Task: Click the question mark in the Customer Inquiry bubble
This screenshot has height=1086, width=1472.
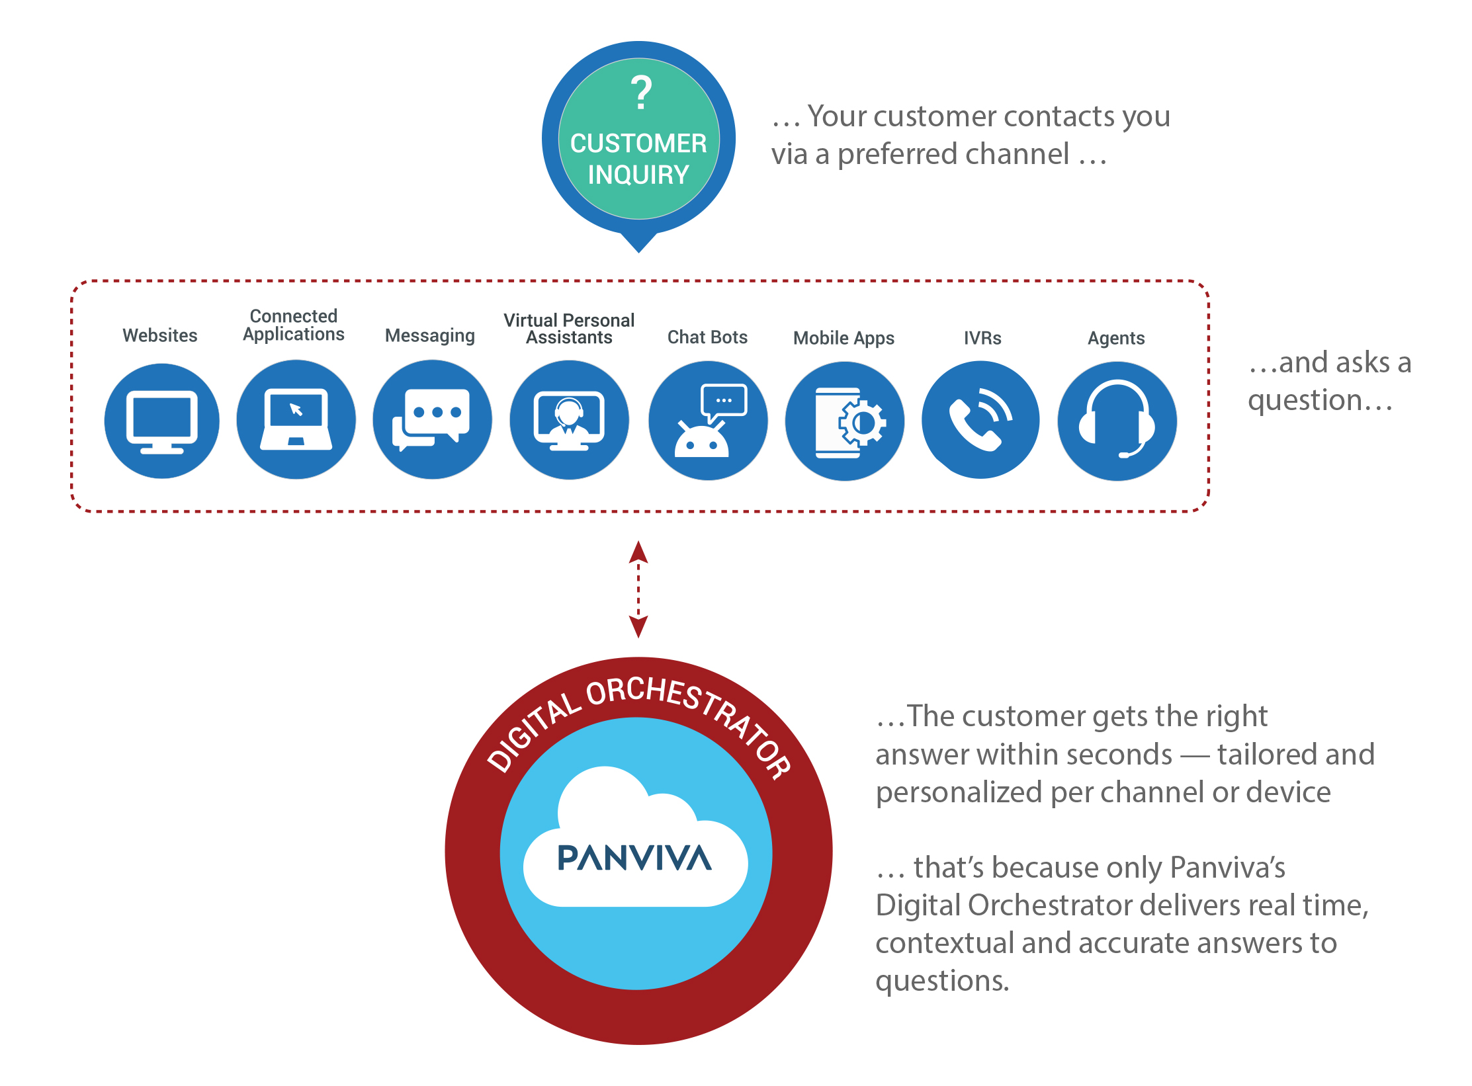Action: (x=640, y=93)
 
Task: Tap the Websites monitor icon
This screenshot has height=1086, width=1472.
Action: (x=162, y=421)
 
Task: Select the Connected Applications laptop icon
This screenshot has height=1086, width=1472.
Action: (x=296, y=419)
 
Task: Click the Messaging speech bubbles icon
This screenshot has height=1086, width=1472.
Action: (x=432, y=419)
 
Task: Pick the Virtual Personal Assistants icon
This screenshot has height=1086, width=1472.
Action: (x=569, y=420)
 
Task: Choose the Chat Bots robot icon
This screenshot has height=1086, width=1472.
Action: (x=708, y=421)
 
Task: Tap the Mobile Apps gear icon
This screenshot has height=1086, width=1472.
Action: (x=845, y=421)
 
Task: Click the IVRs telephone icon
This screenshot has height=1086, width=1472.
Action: (x=980, y=420)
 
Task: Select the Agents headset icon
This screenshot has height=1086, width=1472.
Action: (x=1117, y=421)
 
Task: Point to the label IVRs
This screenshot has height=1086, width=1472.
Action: (x=982, y=338)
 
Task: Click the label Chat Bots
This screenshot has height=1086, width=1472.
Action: (x=707, y=337)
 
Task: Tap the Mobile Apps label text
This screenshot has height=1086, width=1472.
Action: (x=844, y=338)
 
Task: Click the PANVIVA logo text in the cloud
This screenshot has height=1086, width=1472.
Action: (x=634, y=858)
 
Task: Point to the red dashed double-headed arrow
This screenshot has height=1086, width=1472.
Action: (x=638, y=589)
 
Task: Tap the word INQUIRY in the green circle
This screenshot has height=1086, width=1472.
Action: (x=638, y=175)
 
